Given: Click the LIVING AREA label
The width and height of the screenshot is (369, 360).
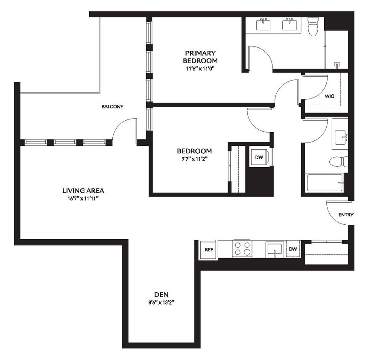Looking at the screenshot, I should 83,191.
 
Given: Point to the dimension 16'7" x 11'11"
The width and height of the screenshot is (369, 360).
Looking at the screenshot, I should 83,198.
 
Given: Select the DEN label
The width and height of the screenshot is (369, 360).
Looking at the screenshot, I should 161,294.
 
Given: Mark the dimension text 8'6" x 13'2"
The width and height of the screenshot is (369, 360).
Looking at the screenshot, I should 161,302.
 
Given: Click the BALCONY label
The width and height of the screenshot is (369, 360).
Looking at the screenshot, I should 112,107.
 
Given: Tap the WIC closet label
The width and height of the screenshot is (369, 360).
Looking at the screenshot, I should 329,96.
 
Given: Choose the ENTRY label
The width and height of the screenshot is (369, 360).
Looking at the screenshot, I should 346,215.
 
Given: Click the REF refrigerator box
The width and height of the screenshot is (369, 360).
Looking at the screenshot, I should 208,250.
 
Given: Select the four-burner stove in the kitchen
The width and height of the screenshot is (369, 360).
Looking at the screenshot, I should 242,248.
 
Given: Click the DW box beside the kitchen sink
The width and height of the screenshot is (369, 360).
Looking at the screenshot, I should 293,249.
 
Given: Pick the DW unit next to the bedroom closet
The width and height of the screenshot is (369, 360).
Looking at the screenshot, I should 259,157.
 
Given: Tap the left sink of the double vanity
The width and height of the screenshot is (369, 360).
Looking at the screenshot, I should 264,24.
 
